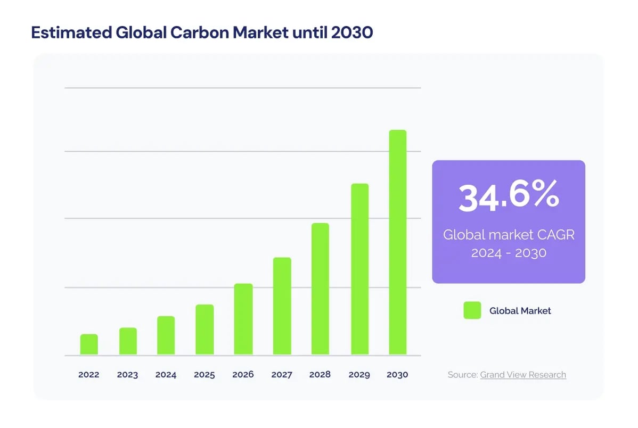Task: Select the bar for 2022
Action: click(89, 344)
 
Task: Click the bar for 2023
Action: click(128, 341)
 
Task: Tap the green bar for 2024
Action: click(166, 335)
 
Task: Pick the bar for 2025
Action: click(205, 330)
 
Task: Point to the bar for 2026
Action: click(243, 319)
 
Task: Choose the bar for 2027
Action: click(282, 306)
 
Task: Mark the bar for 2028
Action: click(320, 289)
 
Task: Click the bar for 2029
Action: click(359, 269)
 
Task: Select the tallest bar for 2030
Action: click(397, 242)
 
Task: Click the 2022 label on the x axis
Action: click(89, 375)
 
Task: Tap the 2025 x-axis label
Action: click(205, 375)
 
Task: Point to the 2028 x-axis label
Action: click(320, 375)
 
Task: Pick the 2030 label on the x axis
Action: click(397, 375)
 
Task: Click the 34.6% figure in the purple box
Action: click(509, 197)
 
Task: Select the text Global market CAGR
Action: click(509, 235)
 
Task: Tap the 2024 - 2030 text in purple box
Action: click(509, 253)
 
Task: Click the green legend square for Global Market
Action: click(472, 310)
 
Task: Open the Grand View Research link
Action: click(523, 375)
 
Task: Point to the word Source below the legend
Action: click(462, 375)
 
